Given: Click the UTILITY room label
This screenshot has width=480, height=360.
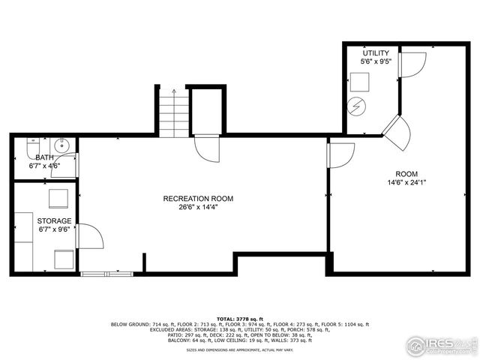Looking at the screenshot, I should pos(376,53).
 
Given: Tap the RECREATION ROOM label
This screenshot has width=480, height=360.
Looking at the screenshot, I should pos(198,199).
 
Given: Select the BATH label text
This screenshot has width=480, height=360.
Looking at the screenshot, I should pos(44,157).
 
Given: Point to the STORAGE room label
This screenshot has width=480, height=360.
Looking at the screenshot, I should pos(55,221).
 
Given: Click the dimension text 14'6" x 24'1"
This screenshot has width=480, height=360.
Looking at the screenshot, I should pos(406,182).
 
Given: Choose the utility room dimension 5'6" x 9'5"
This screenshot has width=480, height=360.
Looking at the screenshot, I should pos(376,62).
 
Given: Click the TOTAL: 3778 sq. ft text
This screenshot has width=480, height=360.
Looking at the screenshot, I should pos(240,318).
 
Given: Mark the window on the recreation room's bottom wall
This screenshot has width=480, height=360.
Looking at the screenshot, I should pos(107,274).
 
